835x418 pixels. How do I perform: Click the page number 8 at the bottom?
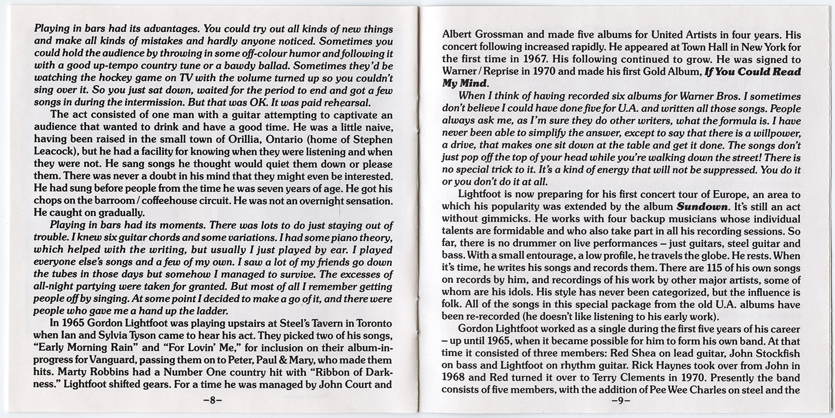(212, 402)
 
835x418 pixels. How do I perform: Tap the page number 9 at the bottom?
(621, 402)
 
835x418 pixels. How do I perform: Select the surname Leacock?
(54, 152)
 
